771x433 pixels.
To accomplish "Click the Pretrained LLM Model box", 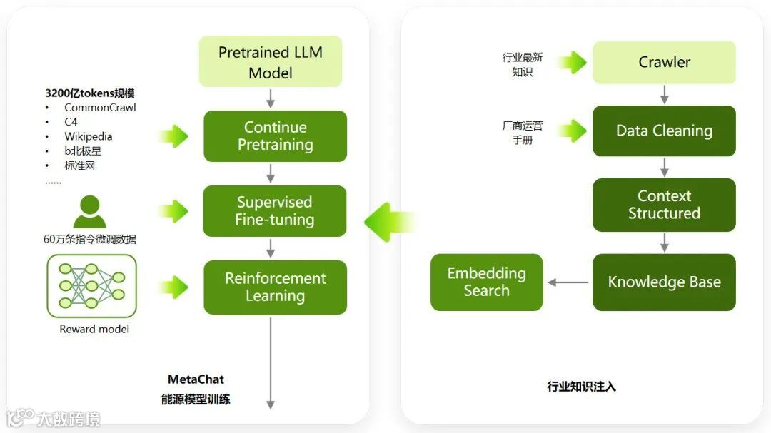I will pos(270,62).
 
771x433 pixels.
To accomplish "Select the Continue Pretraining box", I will pos(275,136).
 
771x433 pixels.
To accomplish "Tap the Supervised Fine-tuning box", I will pos(275,211).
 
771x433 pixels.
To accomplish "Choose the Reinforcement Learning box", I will pos(275,287).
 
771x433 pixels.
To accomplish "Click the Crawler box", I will pos(664,62).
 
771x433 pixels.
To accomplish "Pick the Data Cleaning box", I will pos(664,131).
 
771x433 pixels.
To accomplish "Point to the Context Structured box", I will pos(664,205).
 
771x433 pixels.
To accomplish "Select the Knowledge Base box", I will pos(664,282).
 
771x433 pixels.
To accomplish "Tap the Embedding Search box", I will pos(486,282).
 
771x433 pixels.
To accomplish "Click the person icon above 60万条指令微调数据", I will pos(89,212).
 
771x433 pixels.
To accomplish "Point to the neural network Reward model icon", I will pos(92,286).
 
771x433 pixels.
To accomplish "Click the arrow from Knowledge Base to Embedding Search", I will pos(568,282).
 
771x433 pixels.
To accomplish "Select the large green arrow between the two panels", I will pos(390,221).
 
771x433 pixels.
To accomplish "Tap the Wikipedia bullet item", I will pos(88,136).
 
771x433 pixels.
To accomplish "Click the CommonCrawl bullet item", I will pos(100,108).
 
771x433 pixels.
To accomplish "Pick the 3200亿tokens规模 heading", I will pos(90,93).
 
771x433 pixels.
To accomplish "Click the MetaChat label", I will pos(196,379).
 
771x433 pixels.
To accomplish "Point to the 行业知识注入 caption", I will pos(581,387).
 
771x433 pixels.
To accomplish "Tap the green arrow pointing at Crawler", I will pos(571,63).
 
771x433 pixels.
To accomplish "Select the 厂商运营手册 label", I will pos(522,133).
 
